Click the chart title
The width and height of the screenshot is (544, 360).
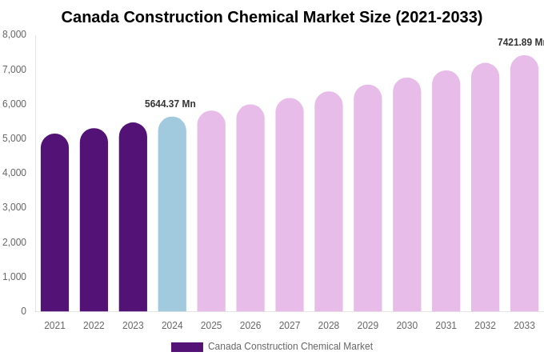tap(272, 17)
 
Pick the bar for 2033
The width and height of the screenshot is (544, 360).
tap(524, 183)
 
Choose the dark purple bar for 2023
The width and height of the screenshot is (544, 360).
tap(133, 217)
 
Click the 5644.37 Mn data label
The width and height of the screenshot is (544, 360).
tap(170, 104)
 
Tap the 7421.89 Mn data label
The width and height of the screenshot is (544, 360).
tap(520, 42)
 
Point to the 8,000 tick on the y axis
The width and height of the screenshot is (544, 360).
tap(14, 34)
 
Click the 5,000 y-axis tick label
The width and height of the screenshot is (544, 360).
tap(14, 138)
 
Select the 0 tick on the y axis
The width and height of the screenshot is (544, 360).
tap(23, 311)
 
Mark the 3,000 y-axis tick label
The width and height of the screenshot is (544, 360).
tap(14, 207)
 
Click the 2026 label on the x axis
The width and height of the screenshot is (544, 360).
tap(250, 326)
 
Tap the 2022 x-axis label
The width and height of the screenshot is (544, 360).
tap(94, 326)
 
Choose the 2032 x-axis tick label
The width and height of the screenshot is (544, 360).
tap(485, 326)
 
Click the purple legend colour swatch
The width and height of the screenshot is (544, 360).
tap(186, 347)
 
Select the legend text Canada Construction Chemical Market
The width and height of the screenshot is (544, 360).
tap(290, 346)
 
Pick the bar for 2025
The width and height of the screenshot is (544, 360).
tap(211, 211)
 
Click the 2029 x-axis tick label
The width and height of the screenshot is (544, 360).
tap(368, 326)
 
